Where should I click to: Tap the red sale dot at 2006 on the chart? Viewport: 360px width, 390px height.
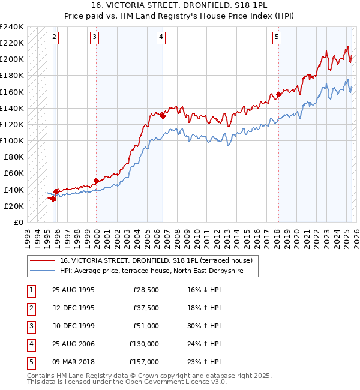(163, 116)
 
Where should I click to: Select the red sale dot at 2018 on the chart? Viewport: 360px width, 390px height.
(278, 94)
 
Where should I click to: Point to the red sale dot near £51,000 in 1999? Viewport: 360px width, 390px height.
(96, 181)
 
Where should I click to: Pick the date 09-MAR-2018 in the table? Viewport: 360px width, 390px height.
(73, 362)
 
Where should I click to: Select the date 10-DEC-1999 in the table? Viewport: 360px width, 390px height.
(73, 326)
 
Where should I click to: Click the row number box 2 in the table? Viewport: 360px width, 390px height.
(31, 308)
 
